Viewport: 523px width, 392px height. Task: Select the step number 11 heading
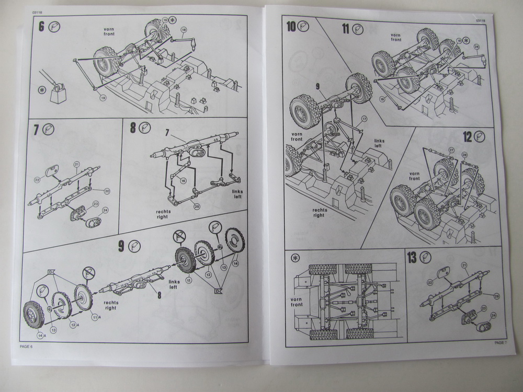pos(345,28)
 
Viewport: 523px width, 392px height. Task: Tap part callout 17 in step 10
pos(365,119)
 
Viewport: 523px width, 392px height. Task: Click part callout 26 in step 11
pos(476,47)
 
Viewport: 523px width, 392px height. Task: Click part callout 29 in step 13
pos(496,296)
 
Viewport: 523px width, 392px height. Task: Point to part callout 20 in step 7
pos(108,191)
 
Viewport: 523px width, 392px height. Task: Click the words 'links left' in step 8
pos(238,194)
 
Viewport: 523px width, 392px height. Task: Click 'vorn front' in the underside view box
pos(297,302)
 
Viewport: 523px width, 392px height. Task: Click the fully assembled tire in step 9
pos(37,314)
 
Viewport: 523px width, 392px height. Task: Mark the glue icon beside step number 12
pos(480,136)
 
